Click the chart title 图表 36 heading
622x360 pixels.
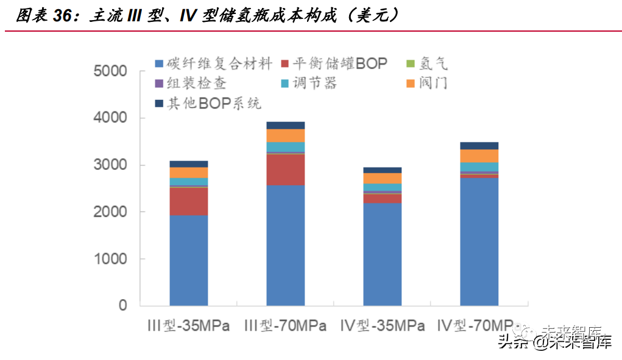click(x=207, y=15)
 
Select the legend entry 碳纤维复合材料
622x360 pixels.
click(x=213, y=63)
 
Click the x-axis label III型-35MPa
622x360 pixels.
click(x=189, y=326)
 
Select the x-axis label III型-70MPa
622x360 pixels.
click(x=285, y=326)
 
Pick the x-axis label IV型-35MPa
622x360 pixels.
click(x=382, y=326)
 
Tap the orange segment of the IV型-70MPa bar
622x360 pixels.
click(x=479, y=155)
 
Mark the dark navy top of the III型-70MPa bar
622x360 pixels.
click(x=285, y=125)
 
